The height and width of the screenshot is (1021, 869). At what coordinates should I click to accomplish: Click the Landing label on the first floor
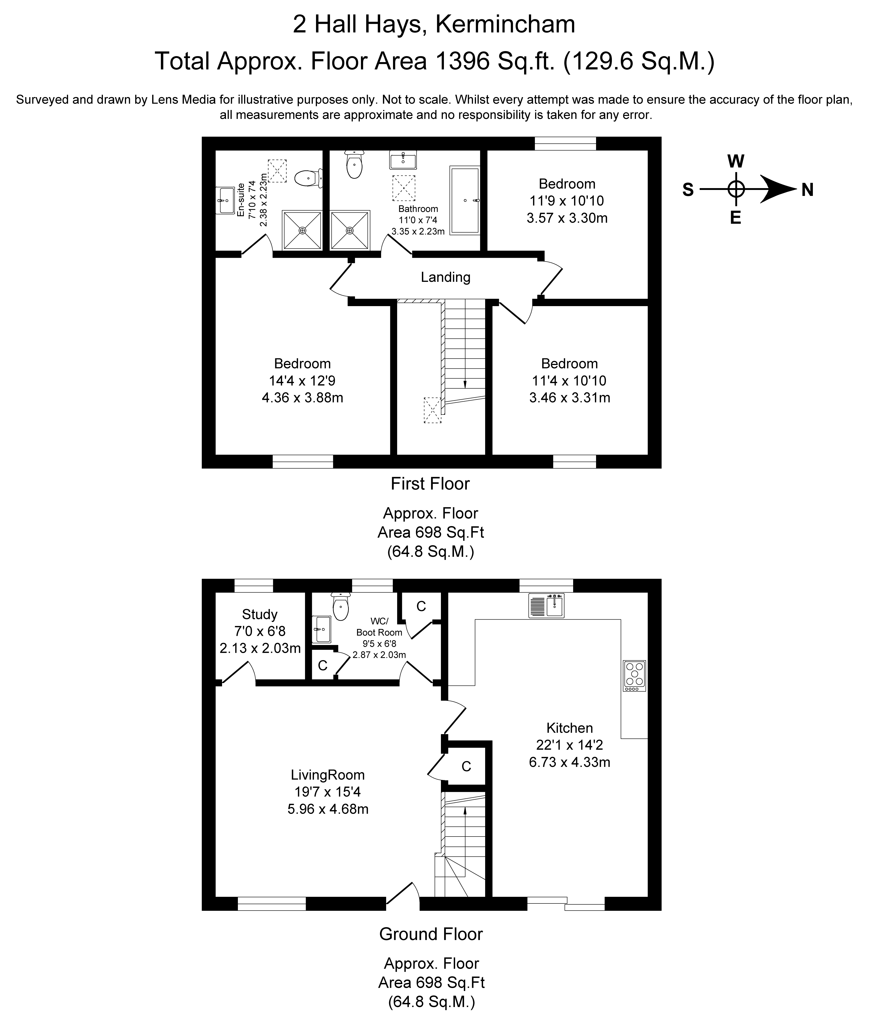tap(445, 277)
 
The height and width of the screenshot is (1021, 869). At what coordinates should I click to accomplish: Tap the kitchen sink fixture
tap(546, 605)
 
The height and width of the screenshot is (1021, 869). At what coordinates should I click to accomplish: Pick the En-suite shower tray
tap(302, 230)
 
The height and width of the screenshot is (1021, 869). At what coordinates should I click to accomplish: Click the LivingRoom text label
tap(328, 775)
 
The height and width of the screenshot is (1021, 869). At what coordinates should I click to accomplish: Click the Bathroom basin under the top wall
tap(403, 160)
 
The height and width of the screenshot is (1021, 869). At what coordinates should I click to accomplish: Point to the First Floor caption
tap(430, 484)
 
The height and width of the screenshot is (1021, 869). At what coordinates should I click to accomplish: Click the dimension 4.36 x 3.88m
tap(302, 398)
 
